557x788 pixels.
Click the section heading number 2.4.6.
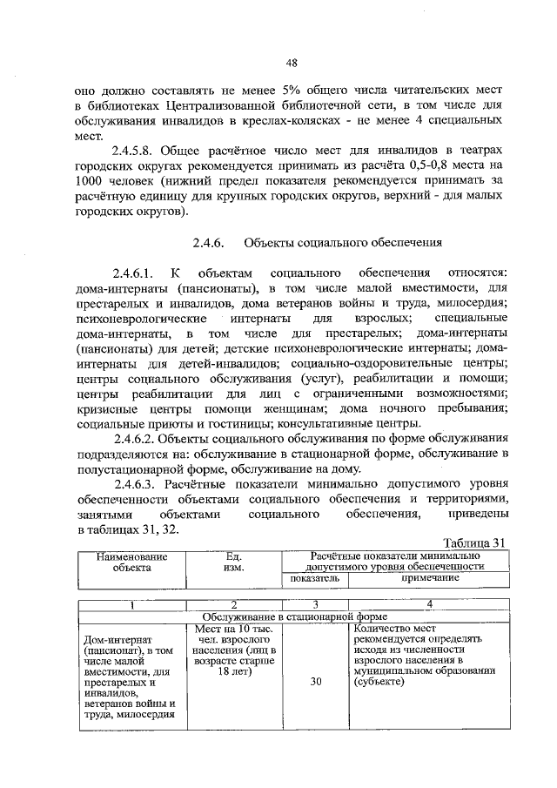(209, 243)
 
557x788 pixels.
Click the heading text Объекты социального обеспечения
(345, 243)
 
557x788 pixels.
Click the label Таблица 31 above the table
(473, 542)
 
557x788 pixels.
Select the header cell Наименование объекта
(131, 561)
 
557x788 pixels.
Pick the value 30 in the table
(315, 682)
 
